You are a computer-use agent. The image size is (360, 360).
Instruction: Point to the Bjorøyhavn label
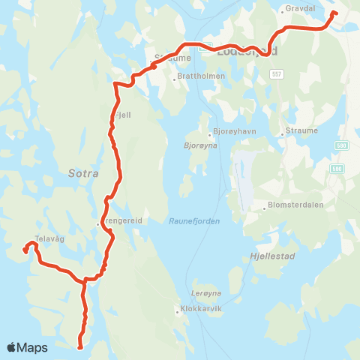tap(234, 130)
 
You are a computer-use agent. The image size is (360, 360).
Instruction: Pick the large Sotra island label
tap(82, 172)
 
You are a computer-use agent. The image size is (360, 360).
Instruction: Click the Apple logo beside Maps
tap(11, 347)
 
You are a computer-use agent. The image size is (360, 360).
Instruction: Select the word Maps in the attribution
tap(33, 347)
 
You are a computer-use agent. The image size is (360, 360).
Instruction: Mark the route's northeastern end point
tap(334, 13)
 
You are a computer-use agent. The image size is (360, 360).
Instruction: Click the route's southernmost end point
tap(79, 346)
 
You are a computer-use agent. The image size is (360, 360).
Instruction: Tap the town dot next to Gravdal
tap(283, 10)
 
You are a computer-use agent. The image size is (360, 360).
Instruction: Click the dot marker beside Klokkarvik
tap(177, 309)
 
